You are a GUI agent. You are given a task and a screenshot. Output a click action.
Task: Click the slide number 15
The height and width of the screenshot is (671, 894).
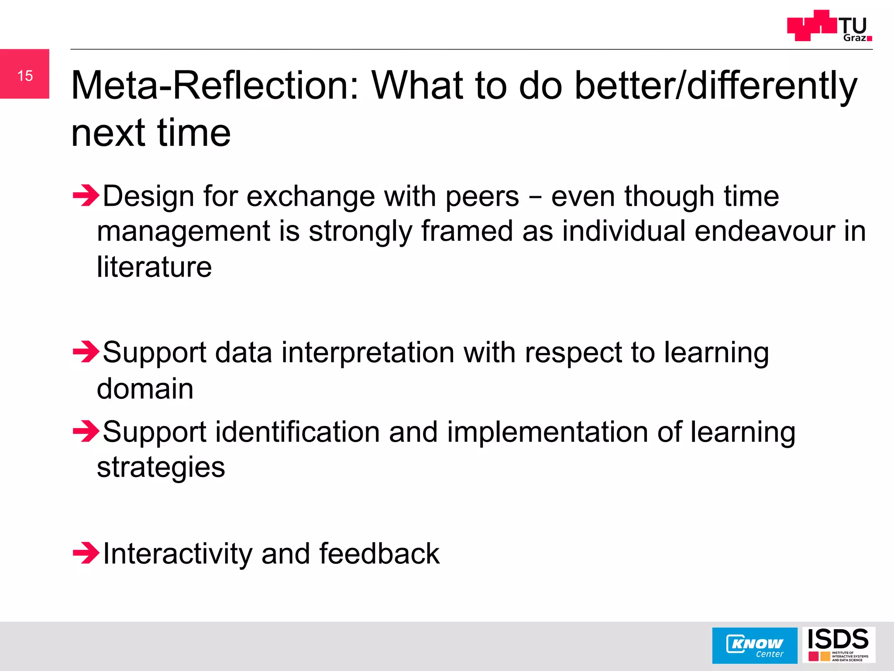[x=25, y=76]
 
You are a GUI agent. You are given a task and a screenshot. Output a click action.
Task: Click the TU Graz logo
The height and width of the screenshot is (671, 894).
[x=829, y=26]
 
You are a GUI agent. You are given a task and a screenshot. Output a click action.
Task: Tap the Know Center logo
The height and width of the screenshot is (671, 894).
[x=754, y=646]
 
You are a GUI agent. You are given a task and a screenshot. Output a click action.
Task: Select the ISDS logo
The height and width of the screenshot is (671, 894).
[x=838, y=645]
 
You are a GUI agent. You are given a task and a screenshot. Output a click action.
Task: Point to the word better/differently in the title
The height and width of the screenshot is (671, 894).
[x=716, y=86]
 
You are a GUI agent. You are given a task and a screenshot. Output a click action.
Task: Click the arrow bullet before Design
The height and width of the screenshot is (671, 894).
[x=86, y=196]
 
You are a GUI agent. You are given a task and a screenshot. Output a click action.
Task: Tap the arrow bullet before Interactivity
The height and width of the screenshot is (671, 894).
[x=86, y=553]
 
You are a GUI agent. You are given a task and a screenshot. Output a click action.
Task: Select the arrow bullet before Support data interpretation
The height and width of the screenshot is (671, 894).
[x=86, y=352]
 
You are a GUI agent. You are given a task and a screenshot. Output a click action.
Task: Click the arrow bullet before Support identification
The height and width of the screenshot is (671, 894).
[x=86, y=432]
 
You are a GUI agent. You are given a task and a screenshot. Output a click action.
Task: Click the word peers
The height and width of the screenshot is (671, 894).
[x=482, y=197]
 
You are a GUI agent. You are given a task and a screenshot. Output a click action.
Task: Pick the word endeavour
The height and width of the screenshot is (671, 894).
[x=764, y=231]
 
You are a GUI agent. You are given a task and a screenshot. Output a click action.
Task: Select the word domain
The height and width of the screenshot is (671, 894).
[x=145, y=388]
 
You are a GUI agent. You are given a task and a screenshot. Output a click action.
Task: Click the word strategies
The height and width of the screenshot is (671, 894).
[x=161, y=468]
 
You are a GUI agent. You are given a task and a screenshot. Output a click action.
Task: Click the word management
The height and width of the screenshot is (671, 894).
[x=183, y=232]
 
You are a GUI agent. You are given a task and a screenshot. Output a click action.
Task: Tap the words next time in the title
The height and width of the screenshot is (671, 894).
[x=151, y=133]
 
